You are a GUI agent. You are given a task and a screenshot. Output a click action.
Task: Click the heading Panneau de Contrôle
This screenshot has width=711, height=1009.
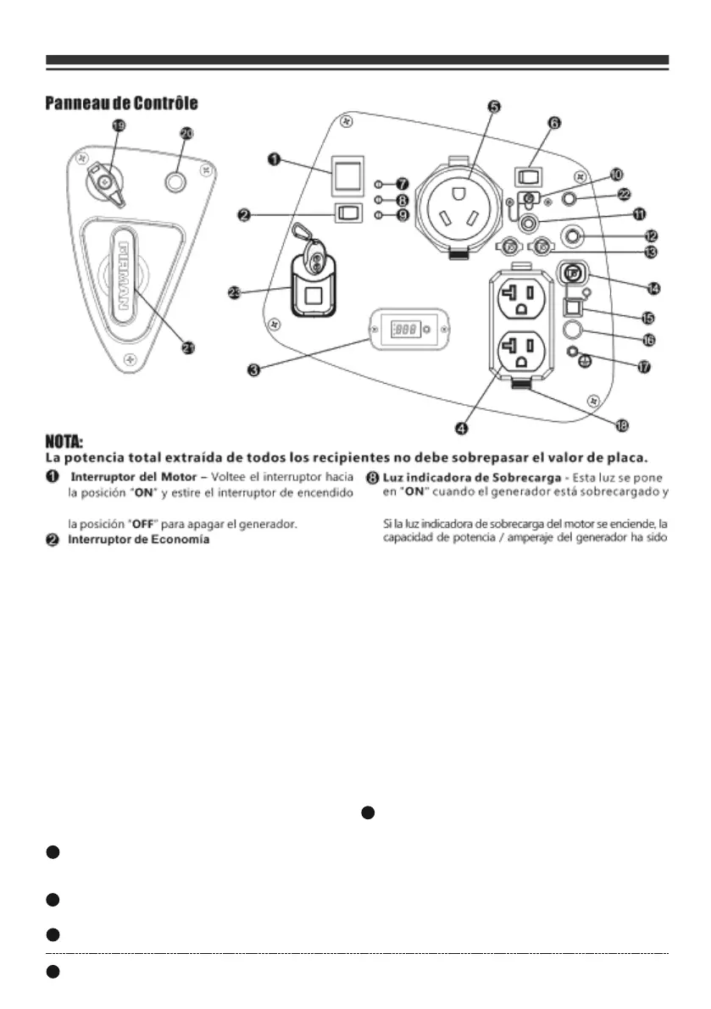click(121, 103)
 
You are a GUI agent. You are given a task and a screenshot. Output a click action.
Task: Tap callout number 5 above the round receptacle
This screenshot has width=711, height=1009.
click(493, 107)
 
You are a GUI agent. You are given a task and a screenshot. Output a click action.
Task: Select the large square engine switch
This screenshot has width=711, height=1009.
click(347, 176)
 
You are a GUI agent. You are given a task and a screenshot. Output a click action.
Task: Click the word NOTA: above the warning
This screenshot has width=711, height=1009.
click(64, 441)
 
